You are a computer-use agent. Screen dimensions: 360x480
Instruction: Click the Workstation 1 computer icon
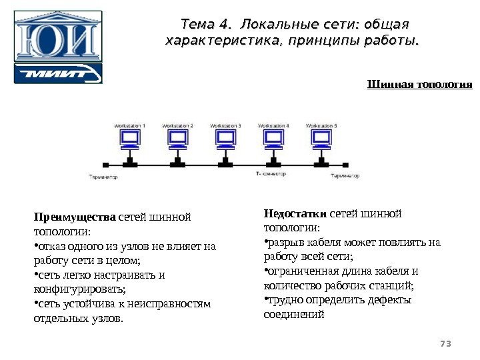[129, 139]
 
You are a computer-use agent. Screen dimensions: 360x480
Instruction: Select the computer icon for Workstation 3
[225, 139]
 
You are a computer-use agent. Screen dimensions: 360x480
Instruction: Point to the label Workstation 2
[177, 125]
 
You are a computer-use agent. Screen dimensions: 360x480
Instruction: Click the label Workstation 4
[273, 125]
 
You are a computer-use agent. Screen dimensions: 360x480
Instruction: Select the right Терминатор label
[345, 177]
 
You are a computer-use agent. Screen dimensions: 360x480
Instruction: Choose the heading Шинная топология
[419, 85]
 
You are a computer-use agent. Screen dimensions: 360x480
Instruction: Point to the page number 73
[446, 343]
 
